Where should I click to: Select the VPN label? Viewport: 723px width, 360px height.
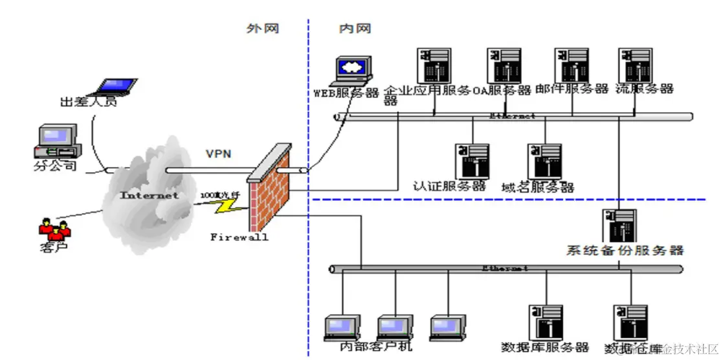pyautogui.click(x=218, y=154)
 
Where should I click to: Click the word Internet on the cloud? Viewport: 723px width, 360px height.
pyautogui.click(x=149, y=195)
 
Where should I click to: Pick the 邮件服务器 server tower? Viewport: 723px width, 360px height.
pyautogui.click(x=572, y=65)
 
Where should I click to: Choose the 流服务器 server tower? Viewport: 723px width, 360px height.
pyautogui.click(x=634, y=65)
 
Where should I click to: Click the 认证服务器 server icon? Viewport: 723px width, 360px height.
pyautogui.click(x=472, y=161)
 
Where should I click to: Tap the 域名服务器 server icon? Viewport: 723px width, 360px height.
pyautogui.click(x=544, y=161)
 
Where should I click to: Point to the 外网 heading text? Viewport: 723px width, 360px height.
pyautogui.click(x=262, y=28)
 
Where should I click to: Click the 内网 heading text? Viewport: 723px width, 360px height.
pyautogui.click(x=355, y=28)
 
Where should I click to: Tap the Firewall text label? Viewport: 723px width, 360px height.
pyautogui.click(x=239, y=237)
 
